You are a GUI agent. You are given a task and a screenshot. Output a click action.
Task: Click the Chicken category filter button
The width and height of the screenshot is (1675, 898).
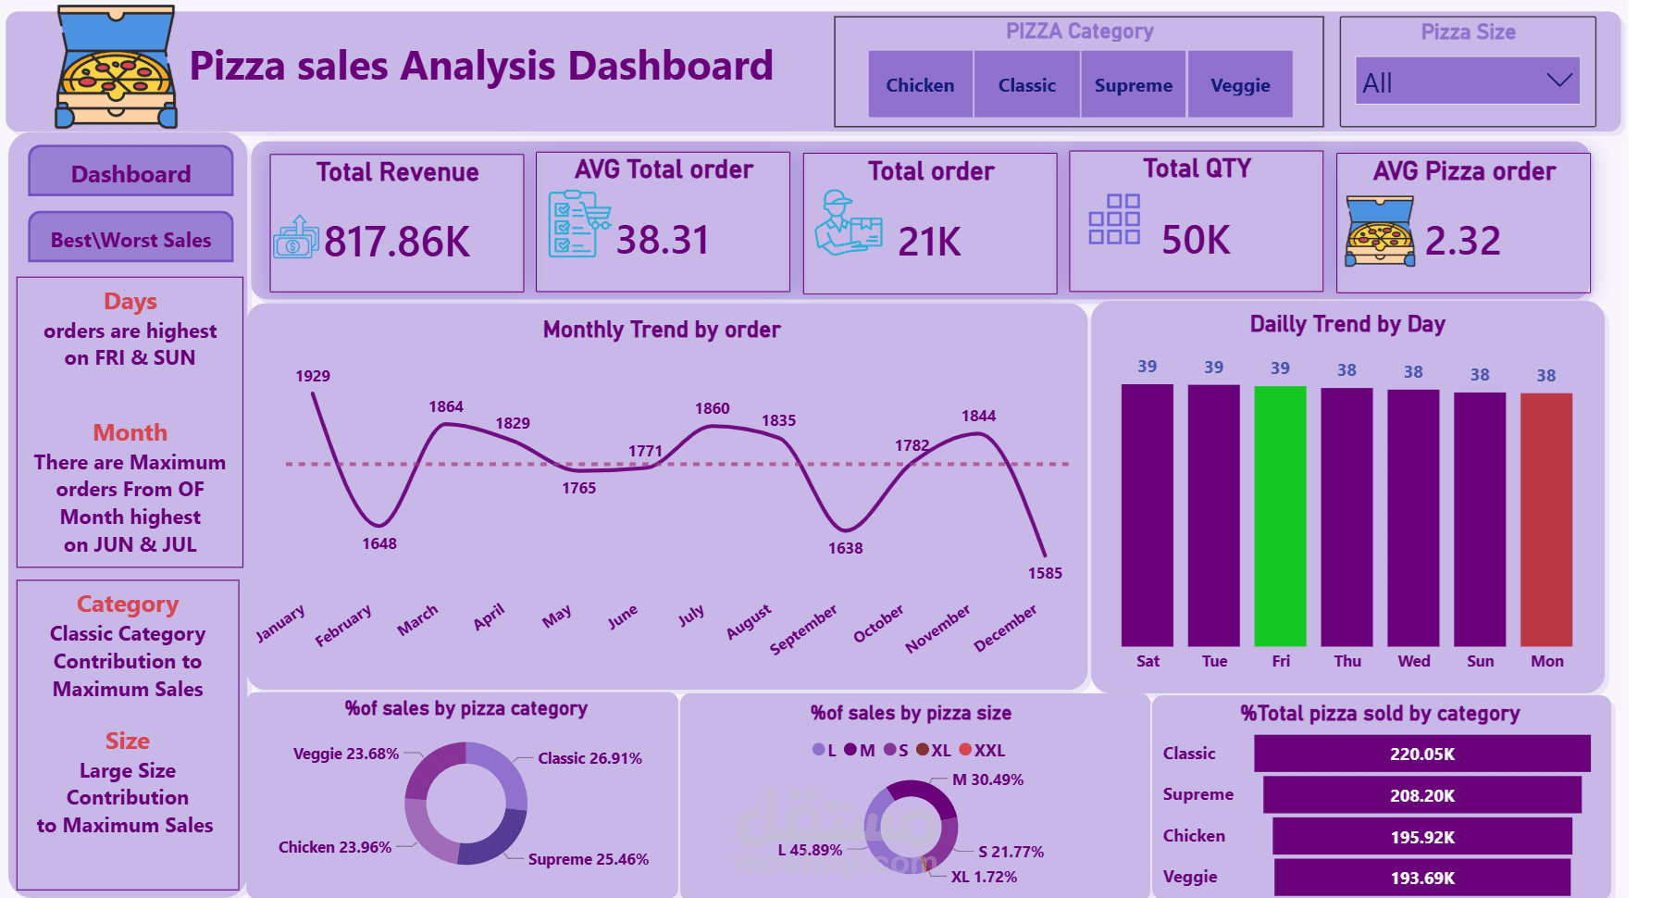(920, 85)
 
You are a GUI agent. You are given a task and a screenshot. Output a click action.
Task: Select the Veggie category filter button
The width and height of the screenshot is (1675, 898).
(1240, 85)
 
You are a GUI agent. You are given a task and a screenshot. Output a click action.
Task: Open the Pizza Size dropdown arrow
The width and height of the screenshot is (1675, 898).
(1559, 81)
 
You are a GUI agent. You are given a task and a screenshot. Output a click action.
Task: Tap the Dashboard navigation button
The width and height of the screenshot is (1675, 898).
(130, 173)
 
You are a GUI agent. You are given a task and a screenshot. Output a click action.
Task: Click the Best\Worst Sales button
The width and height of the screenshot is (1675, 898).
(130, 239)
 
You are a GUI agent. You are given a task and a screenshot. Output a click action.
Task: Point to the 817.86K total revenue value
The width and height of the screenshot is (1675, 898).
(397, 242)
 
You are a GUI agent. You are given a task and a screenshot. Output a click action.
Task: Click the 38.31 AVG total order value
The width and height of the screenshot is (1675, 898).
(663, 240)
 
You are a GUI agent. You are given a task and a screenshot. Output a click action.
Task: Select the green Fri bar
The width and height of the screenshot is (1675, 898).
(1280, 516)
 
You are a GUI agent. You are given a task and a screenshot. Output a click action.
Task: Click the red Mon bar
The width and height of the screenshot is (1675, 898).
(1545, 518)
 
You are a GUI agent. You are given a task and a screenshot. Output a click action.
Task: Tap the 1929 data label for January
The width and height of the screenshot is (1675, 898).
(313, 376)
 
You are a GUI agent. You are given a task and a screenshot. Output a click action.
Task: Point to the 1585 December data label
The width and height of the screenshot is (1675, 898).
(1045, 573)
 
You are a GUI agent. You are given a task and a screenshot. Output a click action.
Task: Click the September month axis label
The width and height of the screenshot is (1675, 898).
(802, 630)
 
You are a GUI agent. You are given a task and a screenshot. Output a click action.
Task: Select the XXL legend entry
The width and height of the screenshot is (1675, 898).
(982, 750)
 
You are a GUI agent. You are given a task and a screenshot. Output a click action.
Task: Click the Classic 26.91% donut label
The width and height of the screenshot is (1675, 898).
(589, 758)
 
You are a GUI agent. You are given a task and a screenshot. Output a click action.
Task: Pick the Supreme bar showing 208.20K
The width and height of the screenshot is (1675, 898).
(1421, 795)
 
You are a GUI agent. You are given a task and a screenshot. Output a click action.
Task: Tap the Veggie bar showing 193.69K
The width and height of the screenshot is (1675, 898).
(1421, 878)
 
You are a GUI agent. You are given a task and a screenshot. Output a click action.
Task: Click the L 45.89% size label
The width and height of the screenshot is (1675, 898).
(810, 850)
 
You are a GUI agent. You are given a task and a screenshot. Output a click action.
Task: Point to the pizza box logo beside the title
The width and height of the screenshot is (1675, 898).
(115, 67)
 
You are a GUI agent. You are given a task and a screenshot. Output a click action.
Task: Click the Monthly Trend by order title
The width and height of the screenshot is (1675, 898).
(662, 330)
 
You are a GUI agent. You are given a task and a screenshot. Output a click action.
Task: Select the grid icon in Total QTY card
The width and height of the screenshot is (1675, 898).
(1114, 218)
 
